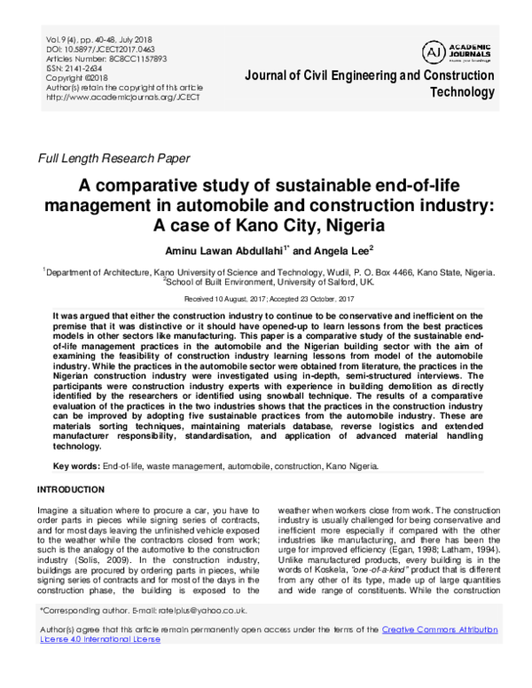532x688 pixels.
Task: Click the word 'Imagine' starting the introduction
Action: pos(54,512)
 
